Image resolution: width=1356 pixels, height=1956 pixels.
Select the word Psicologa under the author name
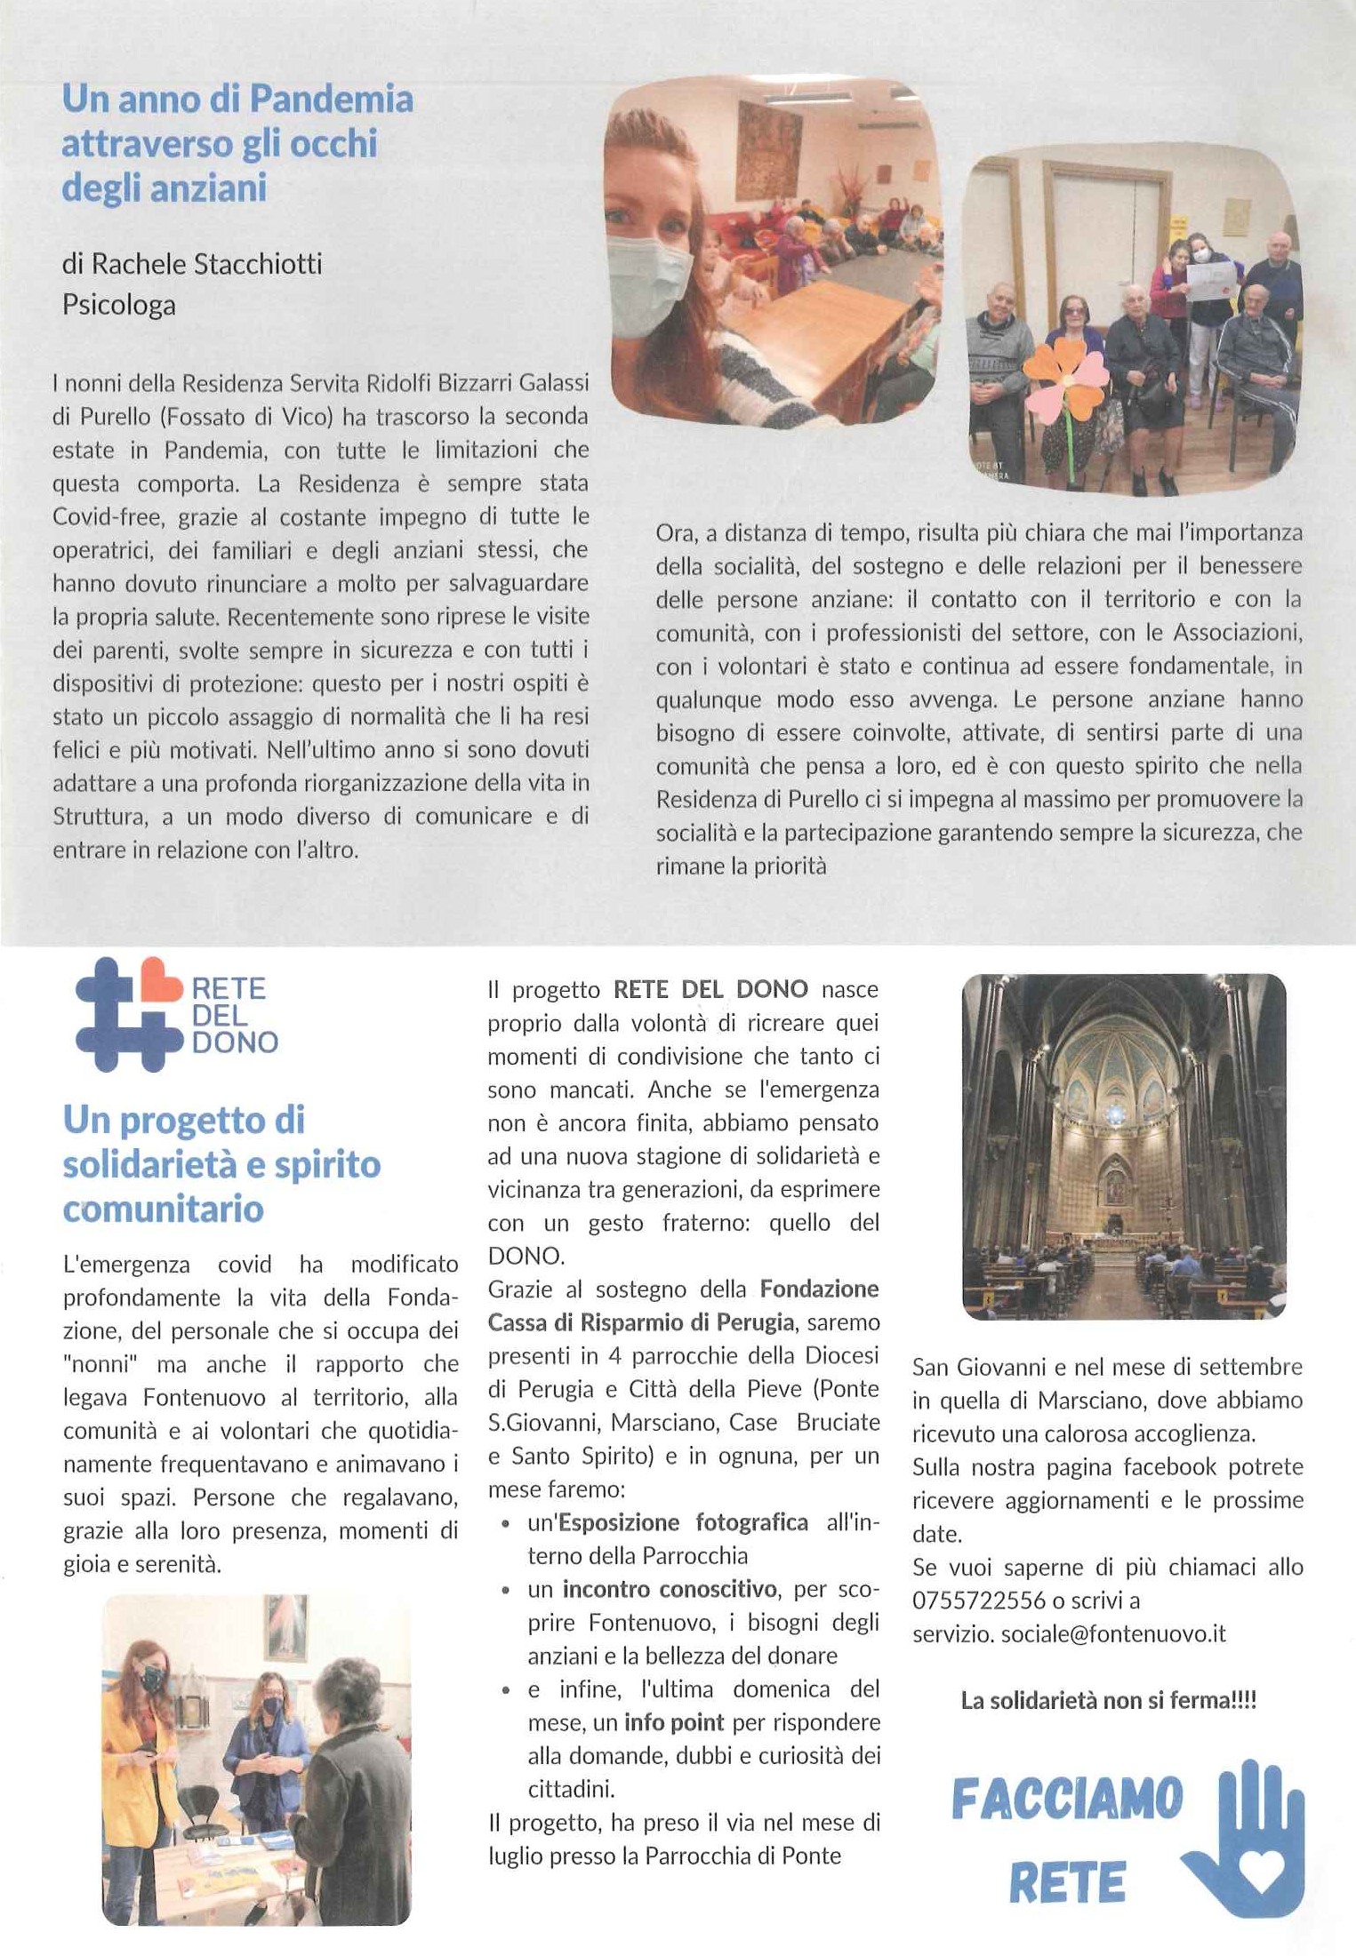coord(119,305)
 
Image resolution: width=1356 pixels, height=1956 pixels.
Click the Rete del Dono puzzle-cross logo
coord(128,1015)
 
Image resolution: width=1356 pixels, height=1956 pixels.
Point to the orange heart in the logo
coord(160,980)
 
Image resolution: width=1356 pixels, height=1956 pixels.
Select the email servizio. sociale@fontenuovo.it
coord(1069,1633)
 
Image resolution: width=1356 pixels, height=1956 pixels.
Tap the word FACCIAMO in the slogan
coord(1067,1800)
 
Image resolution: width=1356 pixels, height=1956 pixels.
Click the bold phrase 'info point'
coord(673,1722)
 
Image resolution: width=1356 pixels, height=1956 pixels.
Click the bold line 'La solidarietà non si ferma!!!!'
coord(1108,1700)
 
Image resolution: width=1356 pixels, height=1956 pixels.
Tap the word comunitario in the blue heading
coord(164,1209)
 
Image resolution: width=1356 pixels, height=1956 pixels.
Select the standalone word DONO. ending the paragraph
coord(526,1256)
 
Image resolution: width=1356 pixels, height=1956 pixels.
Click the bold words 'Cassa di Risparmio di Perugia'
coord(640,1322)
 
